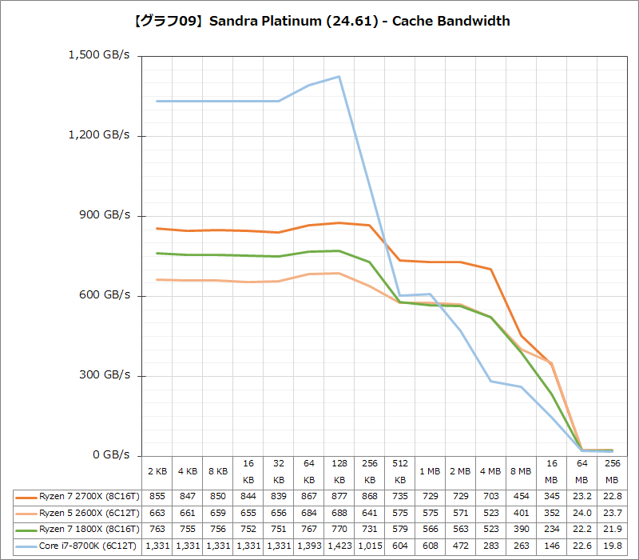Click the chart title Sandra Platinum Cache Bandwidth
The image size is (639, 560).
coord(319,22)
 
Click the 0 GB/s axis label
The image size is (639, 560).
coord(110,454)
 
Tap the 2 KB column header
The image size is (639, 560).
coord(157,472)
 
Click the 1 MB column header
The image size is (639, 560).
coord(430,472)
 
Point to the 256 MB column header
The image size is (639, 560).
coord(612,472)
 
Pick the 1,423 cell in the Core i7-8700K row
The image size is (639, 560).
coord(339,546)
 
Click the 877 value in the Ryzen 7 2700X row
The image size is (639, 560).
coord(339,496)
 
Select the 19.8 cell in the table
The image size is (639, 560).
coord(612,546)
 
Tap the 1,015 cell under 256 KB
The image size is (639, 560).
coord(369,546)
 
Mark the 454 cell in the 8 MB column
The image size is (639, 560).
coord(521,496)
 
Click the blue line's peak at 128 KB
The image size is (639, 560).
coord(339,76)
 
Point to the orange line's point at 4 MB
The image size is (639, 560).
coord(490,269)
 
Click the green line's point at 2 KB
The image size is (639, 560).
coord(157,253)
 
